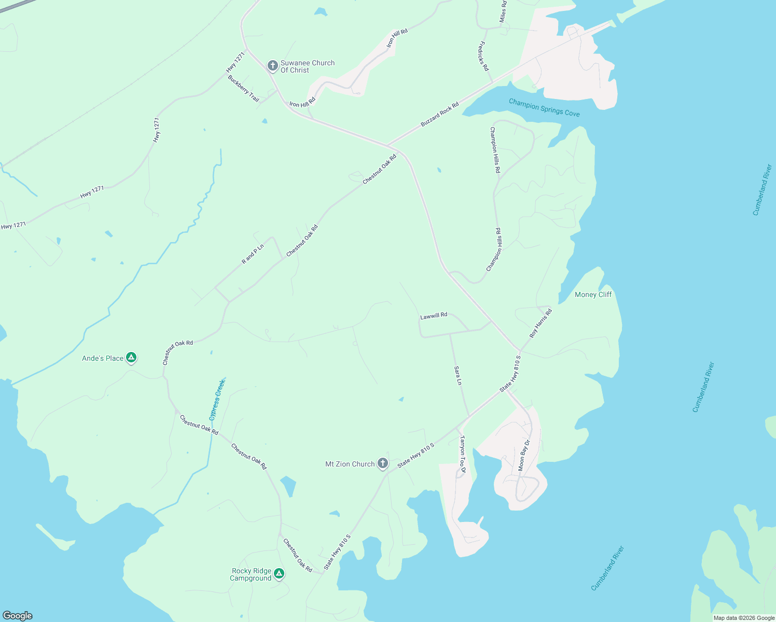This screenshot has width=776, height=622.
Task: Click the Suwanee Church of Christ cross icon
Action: (272, 66)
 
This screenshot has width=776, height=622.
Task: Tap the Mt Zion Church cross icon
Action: (383, 463)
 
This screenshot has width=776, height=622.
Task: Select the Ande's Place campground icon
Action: (132, 358)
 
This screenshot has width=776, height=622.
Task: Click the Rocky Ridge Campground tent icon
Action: (279, 573)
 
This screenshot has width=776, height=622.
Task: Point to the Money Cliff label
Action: (593, 294)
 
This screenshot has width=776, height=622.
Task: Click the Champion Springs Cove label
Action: (544, 108)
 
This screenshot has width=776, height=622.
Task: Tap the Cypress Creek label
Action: (217, 400)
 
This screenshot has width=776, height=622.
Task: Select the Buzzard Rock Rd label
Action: (439, 115)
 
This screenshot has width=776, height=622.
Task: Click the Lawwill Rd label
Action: (434, 316)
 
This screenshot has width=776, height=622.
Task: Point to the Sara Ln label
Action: (458, 375)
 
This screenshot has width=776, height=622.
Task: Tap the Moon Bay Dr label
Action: (524, 456)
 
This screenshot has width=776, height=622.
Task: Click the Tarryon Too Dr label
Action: (463, 455)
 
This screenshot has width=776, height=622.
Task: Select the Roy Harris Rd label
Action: (541, 323)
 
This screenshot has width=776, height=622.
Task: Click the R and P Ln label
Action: (253, 254)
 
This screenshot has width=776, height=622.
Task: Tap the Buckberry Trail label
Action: (243, 88)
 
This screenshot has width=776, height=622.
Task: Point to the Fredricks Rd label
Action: (483, 56)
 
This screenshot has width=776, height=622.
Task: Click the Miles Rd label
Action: (503, 11)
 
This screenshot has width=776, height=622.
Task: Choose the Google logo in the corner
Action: (18, 616)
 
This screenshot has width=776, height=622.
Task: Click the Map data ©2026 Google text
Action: (744, 618)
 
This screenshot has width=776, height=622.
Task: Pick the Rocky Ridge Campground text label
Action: (251, 574)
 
